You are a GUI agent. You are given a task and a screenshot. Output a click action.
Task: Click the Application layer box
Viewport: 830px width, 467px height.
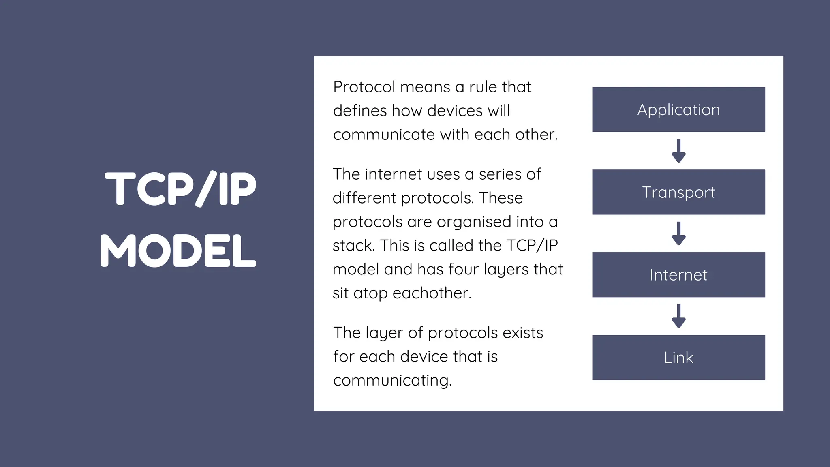[678, 109]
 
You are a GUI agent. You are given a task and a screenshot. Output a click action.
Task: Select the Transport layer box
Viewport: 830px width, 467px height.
[678, 192]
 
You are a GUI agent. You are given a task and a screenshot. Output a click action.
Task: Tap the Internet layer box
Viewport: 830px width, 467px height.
[678, 275]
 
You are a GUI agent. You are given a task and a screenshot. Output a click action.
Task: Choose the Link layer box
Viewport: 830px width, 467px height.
[678, 358]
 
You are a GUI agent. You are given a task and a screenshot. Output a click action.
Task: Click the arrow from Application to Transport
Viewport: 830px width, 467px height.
[678, 151]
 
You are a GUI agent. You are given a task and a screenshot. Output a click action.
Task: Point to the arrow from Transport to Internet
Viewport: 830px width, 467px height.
[678, 233]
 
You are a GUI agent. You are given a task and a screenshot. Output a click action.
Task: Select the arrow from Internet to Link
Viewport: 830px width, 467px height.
[678, 316]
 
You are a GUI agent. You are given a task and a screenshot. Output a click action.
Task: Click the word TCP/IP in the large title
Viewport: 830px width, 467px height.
[181, 189]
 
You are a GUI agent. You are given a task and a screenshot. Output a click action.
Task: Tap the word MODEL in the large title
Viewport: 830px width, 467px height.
[178, 251]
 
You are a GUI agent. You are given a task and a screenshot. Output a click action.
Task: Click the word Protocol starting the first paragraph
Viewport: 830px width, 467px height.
[364, 87]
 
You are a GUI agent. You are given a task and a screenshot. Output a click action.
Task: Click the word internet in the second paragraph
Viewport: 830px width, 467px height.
[393, 174]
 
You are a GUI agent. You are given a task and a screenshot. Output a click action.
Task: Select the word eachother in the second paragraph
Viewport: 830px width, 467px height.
[432, 293]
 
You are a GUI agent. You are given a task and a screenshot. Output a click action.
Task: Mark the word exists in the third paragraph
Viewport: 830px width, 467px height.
[523, 333]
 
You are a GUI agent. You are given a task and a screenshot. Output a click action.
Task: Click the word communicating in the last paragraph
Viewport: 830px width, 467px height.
[392, 381]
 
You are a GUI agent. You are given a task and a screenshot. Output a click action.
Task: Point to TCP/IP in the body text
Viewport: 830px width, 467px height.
[532, 246]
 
